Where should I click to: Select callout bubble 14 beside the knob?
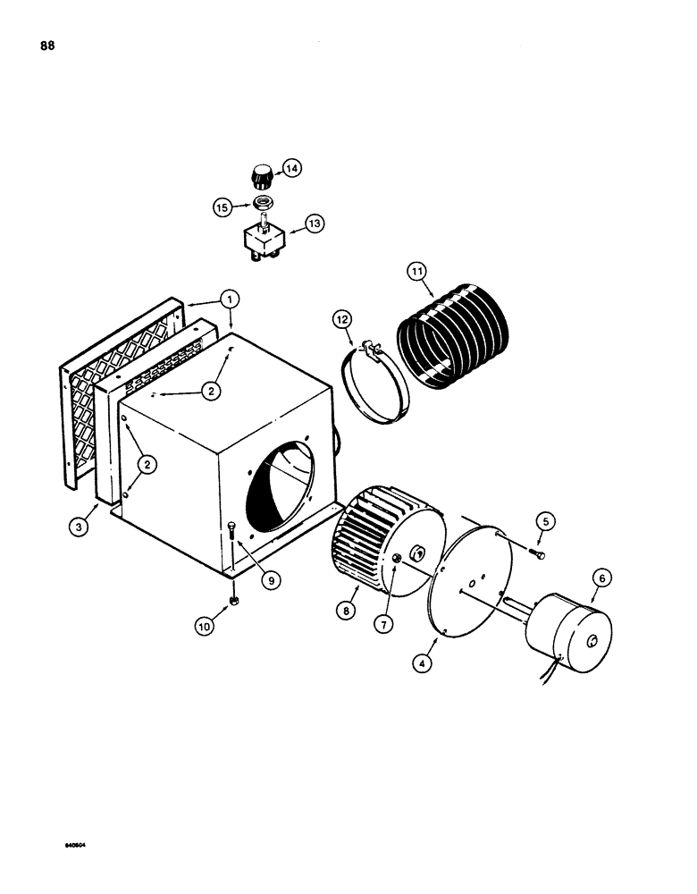tap(292, 168)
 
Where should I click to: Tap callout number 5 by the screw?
tap(545, 520)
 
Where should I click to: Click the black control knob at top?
tap(262, 173)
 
